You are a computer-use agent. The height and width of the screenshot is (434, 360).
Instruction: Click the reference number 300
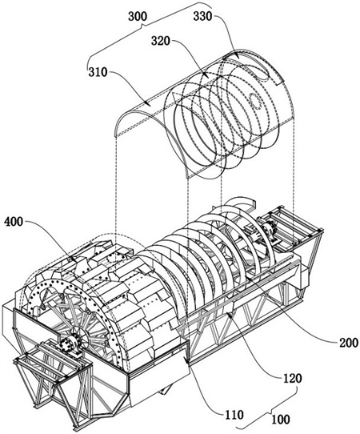click(x=138, y=16)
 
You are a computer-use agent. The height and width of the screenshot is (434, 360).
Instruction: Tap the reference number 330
click(x=202, y=16)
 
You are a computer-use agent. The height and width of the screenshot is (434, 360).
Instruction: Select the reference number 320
click(x=161, y=41)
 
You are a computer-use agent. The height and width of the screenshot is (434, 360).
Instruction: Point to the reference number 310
click(x=98, y=72)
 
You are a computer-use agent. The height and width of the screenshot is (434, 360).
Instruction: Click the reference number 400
click(x=14, y=222)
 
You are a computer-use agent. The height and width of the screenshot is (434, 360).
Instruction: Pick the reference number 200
click(x=349, y=343)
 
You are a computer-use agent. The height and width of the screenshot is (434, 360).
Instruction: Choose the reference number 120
click(x=292, y=378)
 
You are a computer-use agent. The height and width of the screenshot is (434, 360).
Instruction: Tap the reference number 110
click(x=234, y=414)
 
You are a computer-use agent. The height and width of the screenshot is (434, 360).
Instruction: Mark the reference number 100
click(x=281, y=419)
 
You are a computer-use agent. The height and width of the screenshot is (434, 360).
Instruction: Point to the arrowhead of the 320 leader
click(x=206, y=74)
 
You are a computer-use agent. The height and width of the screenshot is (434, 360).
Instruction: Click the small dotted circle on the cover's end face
click(x=255, y=102)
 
